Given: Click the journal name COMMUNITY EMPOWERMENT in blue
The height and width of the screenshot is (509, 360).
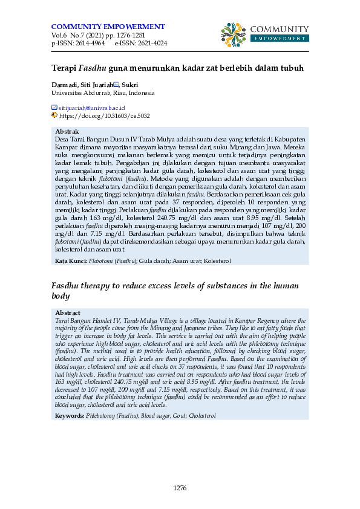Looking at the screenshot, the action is tap(108, 27).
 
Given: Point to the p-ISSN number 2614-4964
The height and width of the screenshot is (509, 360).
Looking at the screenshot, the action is tap(88, 44).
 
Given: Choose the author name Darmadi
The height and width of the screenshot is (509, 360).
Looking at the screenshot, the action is tap(65, 85).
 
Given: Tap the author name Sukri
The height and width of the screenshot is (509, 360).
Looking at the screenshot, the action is tap(131, 85).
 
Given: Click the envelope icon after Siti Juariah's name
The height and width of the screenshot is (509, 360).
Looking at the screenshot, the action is tap(116, 85).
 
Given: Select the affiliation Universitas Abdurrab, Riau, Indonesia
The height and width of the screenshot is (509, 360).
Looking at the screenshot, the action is tap(103, 93).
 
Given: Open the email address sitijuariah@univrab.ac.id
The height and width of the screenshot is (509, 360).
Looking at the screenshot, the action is tap(91, 107).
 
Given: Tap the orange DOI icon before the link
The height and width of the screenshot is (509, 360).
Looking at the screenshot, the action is tap(54, 114).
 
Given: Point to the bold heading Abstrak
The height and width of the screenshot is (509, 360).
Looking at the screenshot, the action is tap(67, 131).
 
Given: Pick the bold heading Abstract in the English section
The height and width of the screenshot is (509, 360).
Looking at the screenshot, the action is tap(68, 313).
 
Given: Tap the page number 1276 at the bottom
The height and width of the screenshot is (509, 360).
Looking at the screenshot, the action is tap(180, 488).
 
